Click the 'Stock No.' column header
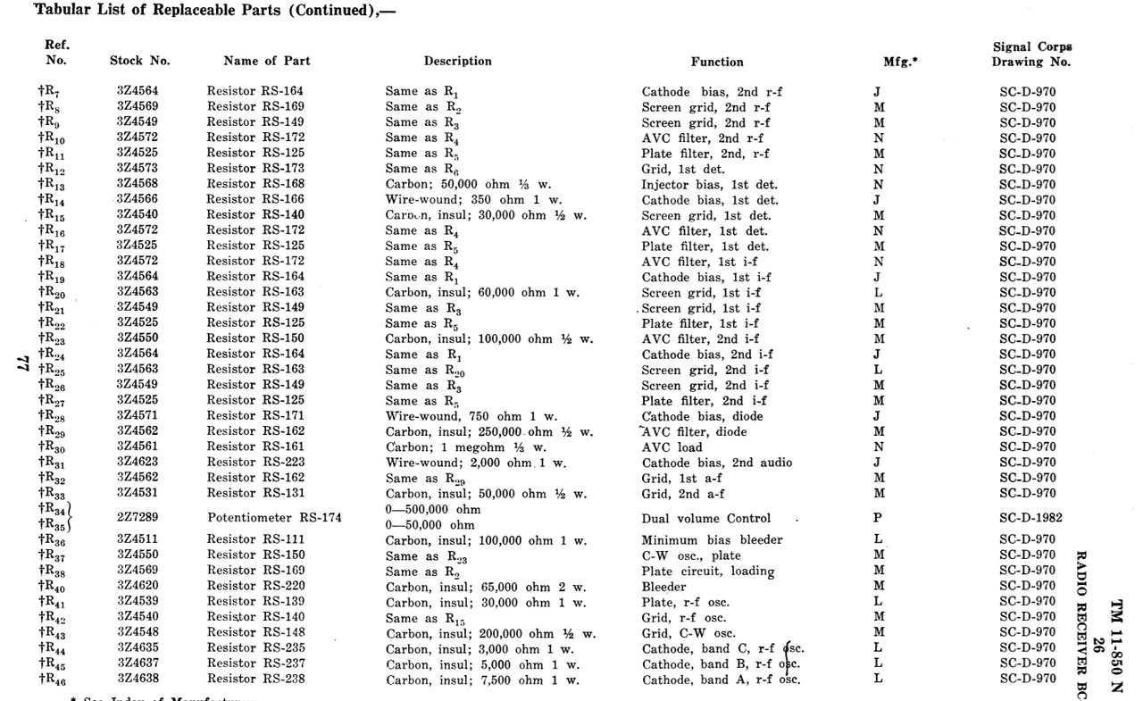139,62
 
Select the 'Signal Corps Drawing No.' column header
1031,54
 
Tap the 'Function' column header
716,62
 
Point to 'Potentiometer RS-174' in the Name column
274,518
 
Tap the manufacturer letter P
878,518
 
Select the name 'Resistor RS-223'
255,463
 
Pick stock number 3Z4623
138,463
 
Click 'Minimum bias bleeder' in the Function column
712,539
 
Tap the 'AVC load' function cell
672,447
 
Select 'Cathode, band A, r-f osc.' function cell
721,680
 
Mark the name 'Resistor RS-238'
255,680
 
